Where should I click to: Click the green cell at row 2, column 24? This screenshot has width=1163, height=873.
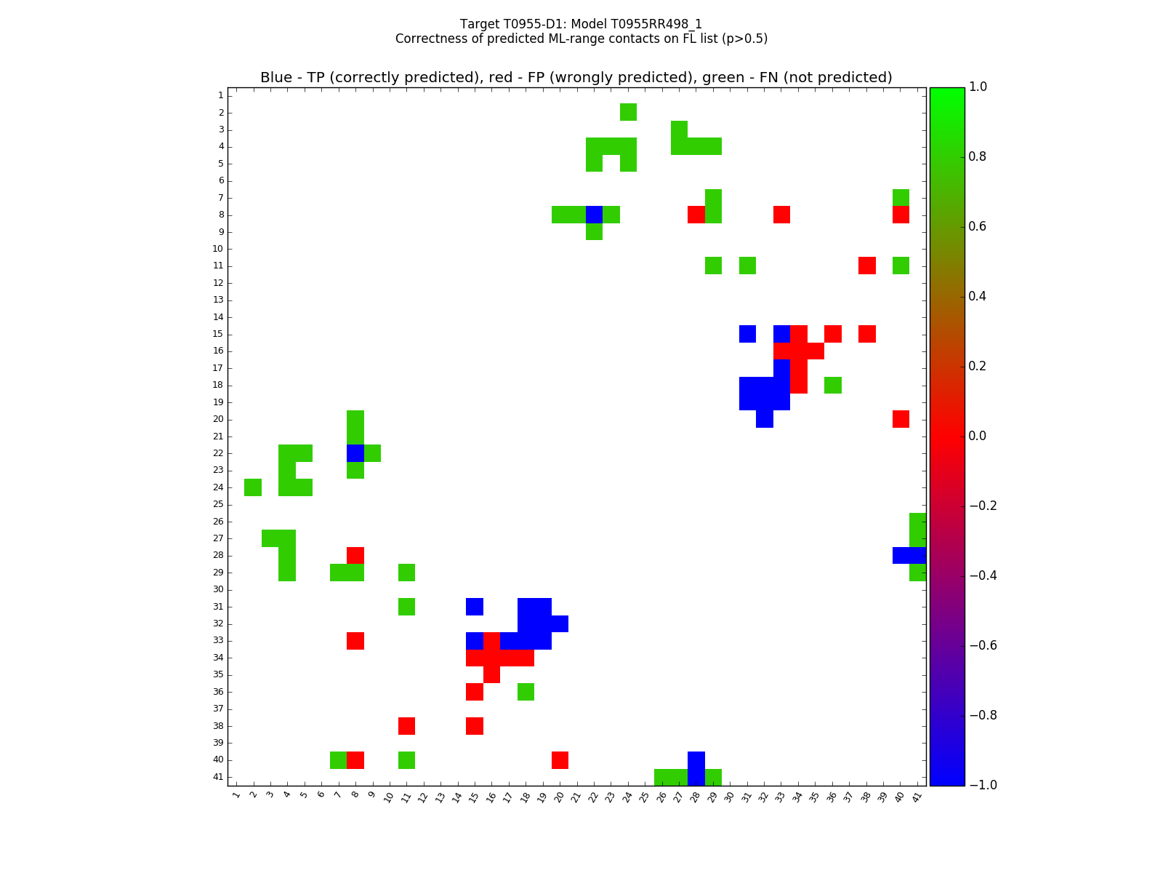point(628,112)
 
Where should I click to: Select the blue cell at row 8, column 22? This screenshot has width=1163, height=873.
point(594,215)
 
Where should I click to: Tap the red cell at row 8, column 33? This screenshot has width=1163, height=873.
point(781,215)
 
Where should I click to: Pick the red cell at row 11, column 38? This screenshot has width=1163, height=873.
point(866,266)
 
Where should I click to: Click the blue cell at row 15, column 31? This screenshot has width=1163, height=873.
point(747,334)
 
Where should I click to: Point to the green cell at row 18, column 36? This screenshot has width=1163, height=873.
point(833,385)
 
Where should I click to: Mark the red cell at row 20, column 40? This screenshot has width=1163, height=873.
point(901,419)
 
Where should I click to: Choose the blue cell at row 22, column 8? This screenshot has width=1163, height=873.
point(355,453)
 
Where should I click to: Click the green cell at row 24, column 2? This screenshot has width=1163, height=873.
point(253,487)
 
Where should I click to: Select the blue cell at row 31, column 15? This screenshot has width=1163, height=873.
point(475,607)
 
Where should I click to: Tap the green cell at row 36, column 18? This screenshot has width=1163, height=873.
point(526,692)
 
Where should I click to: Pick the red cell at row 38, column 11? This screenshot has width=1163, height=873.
point(406,726)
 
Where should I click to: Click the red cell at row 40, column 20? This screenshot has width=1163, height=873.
point(560,760)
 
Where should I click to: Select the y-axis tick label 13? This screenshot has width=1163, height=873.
point(218,300)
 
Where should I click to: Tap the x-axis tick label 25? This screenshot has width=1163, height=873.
point(644,796)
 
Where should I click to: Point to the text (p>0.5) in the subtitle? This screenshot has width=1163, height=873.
point(741,39)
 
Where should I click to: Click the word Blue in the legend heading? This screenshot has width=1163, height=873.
point(276,78)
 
